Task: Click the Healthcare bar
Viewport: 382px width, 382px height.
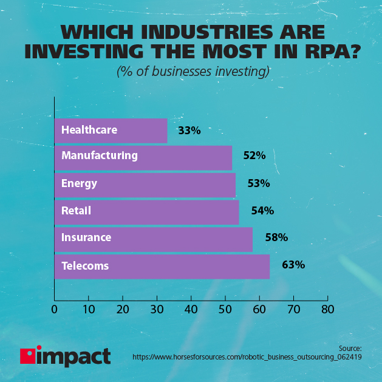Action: pos(111,130)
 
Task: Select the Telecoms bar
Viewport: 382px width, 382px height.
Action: pos(162,266)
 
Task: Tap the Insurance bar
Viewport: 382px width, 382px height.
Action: pos(153,239)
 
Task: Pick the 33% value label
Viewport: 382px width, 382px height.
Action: pos(189,130)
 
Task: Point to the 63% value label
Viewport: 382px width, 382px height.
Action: pos(293,265)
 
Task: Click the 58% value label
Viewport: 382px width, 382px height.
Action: pos(276,237)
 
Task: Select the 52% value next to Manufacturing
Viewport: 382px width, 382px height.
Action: pos(254,155)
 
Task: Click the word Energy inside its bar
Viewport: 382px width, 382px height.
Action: pos(79,183)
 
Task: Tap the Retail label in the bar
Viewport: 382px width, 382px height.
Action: pos(76,211)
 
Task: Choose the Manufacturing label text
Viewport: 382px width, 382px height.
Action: pos(100,155)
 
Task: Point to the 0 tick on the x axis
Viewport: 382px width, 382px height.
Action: pos(55,309)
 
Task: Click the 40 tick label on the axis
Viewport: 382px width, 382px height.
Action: pos(191,309)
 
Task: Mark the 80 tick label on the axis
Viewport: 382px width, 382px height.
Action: pos(328,309)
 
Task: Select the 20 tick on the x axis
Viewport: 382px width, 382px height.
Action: pos(123,309)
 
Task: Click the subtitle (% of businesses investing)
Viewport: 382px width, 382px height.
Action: pos(193,72)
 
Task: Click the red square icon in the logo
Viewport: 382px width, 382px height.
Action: pos(27,356)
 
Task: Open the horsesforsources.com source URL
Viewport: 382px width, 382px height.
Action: pos(247,358)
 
